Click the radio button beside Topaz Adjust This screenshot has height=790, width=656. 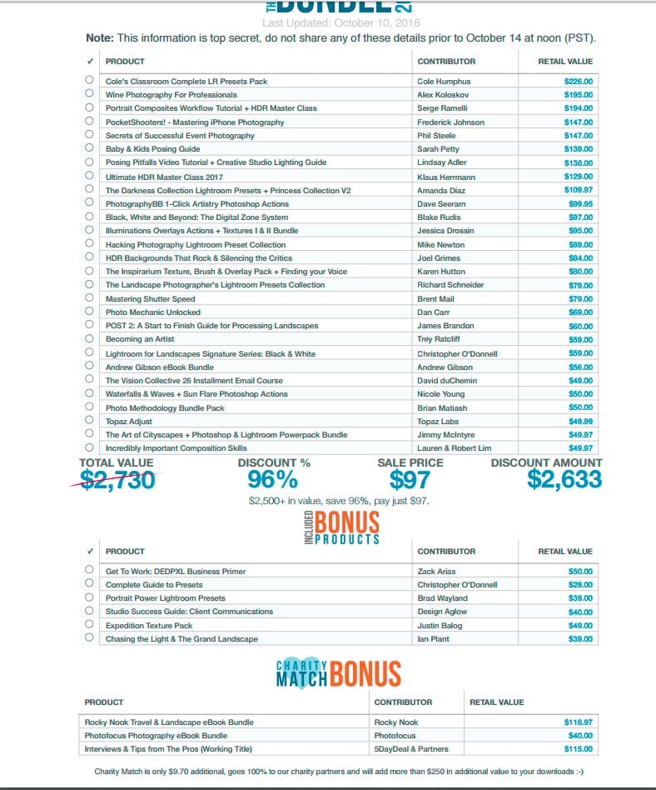[x=89, y=421]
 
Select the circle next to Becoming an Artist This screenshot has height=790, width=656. [x=89, y=339]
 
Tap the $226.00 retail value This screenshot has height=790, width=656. [x=578, y=82]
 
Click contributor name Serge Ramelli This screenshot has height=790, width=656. [x=442, y=108]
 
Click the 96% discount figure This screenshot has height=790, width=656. [x=272, y=479]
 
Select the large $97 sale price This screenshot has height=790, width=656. [x=410, y=479]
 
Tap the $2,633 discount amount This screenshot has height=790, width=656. [x=564, y=479]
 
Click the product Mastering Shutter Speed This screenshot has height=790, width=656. [x=150, y=298]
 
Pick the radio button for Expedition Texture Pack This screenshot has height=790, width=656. [x=89, y=624]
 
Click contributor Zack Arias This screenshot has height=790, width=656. [x=437, y=572]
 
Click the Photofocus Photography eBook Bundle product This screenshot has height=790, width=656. [x=156, y=736]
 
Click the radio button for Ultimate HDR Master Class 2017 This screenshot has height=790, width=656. [x=89, y=176]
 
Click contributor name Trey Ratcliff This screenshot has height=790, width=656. [x=439, y=339]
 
